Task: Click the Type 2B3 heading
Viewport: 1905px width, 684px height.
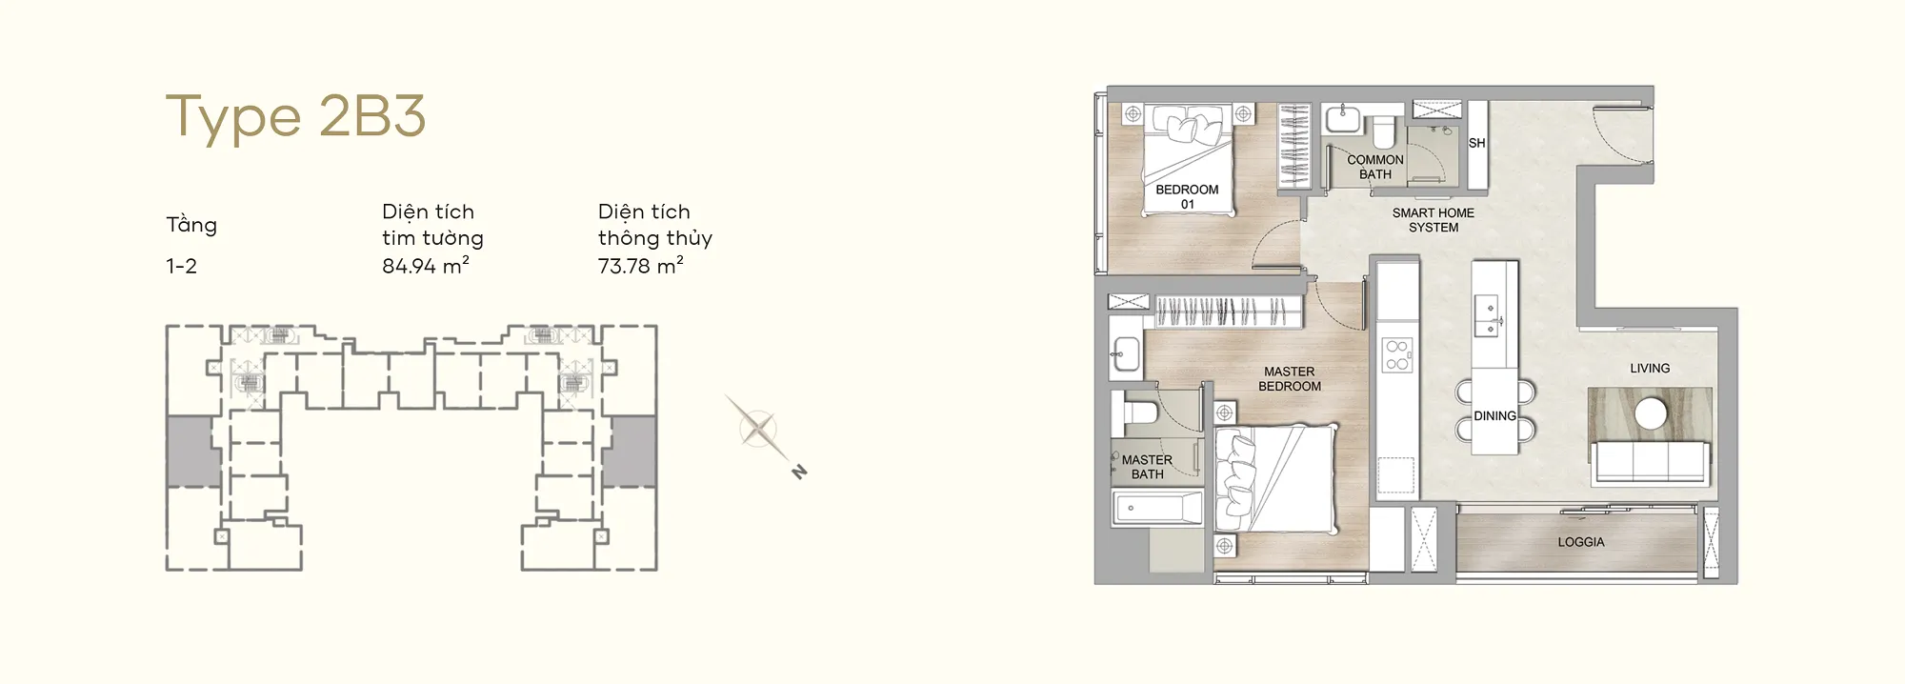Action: pos(295,118)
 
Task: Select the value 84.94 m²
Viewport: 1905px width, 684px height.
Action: pos(426,266)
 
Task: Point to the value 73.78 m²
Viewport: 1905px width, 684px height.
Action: pos(641,266)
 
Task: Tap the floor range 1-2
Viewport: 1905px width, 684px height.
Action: pos(181,267)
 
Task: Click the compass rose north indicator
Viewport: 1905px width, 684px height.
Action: pos(799,472)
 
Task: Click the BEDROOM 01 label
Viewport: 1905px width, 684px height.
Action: pos(1187,196)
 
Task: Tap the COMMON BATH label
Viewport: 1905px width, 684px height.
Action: pos(1375,167)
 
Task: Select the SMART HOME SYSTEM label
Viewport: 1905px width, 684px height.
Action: pos(1434,220)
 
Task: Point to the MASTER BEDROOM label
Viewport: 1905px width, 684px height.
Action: pos(1290,379)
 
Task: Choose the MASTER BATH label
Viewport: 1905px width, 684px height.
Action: pos(1147,467)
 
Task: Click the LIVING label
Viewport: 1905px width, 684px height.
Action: pos(1650,368)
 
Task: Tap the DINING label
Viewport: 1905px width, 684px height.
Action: pos(1494,416)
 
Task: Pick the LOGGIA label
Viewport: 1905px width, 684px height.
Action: pos(1581,542)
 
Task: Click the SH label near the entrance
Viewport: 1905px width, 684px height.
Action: pos(1476,143)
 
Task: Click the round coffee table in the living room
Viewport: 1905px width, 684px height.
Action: pos(1651,413)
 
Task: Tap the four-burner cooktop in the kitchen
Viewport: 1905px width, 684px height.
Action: pos(1397,354)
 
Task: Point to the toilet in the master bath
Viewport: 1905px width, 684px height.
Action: pos(1138,412)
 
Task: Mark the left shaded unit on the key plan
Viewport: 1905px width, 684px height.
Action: pos(193,452)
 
